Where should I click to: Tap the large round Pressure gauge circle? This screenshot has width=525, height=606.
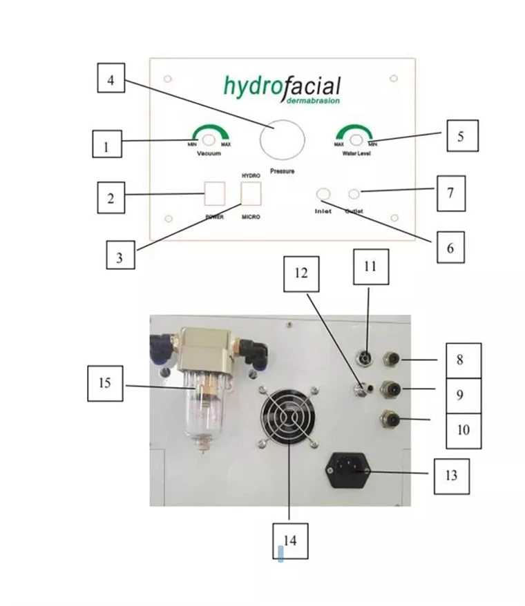[x=282, y=139]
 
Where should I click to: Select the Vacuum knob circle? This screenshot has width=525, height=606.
[x=208, y=141]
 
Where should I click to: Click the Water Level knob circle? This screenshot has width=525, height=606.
[x=356, y=141]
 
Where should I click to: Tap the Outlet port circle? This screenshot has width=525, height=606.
[x=354, y=194]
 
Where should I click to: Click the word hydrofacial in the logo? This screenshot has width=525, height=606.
[x=282, y=86]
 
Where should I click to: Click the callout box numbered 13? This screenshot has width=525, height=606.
[x=451, y=475]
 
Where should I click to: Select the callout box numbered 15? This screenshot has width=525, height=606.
[x=105, y=382]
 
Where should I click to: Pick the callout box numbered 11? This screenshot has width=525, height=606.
[x=370, y=267]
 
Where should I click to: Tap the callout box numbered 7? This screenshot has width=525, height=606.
[x=449, y=193]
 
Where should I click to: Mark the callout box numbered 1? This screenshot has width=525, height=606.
[x=106, y=146]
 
